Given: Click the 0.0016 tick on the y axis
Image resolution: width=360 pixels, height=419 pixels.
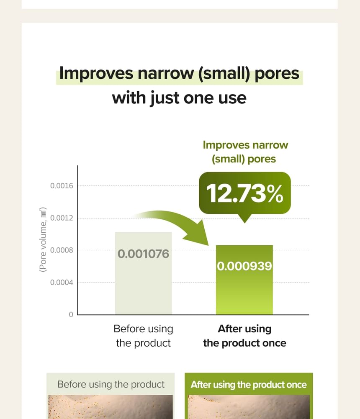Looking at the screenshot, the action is [62, 186].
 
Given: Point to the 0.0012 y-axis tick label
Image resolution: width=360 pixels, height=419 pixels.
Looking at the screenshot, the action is [62, 218].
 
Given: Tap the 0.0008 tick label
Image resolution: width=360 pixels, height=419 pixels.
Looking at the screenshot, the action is [62, 250].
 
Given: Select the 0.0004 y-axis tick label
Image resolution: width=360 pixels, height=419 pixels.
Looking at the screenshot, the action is [62, 283].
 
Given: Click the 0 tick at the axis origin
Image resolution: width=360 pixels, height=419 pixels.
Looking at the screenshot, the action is [71, 314].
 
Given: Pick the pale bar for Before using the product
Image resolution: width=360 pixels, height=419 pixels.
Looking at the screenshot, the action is [143, 273].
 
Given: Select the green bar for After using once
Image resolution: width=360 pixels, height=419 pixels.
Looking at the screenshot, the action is [244, 280].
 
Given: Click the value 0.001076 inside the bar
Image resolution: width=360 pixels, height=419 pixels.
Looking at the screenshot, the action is [143, 254].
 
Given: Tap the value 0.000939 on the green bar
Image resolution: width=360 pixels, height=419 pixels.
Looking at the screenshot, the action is [244, 266].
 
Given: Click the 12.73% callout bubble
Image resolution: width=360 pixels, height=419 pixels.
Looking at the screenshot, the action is [245, 193].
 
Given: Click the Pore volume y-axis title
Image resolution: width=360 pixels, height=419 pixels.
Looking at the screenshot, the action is [43, 240].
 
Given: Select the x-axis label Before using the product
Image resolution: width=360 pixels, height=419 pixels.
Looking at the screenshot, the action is [143, 336].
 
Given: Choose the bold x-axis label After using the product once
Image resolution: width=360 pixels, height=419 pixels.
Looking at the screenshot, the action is [244, 336].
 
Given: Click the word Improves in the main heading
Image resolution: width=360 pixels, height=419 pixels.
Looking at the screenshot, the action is [96, 73].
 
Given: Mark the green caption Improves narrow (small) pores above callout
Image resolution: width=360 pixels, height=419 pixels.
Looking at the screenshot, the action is [245, 152].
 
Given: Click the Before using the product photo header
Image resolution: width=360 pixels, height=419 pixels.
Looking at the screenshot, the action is [111, 384].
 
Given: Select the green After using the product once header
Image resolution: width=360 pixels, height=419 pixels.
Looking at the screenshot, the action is [249, 384].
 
